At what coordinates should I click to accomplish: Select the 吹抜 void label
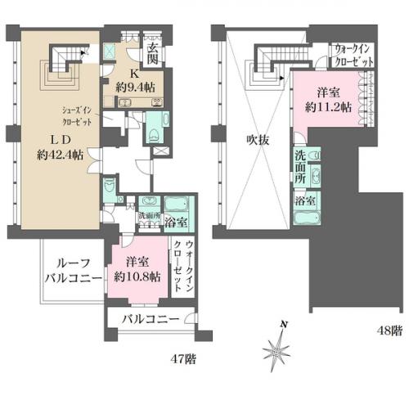click(247, 139)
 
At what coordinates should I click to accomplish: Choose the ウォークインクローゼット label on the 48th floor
click(354, 56)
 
